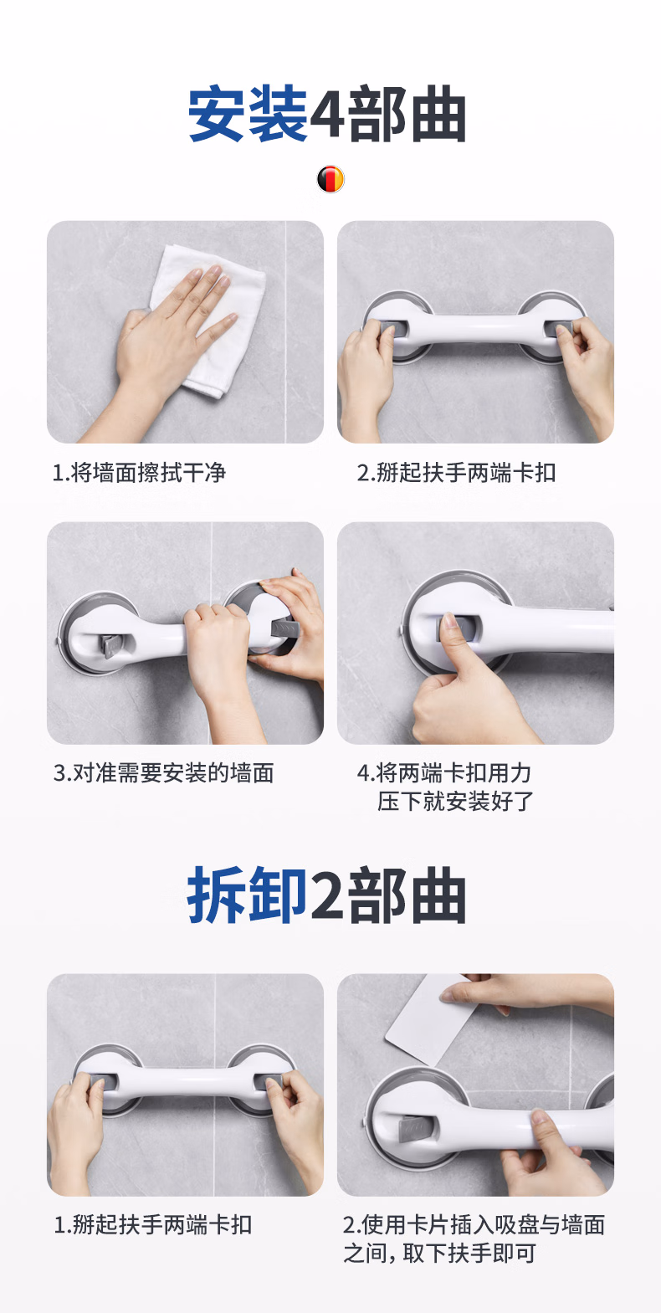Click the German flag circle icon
[x=330, y=179]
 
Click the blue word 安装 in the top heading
[x=248, y=115]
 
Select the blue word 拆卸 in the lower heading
[x=247, y=895]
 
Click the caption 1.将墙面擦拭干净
[x=139, y=473]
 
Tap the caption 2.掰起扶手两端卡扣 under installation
[x=457, y=473]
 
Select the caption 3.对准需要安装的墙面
[x=163, y=773]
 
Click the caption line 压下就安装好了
[x=455, y=802]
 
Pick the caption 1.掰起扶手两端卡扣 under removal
[x=153, y=1224]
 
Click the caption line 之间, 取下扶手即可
[x=439, y=1254]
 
